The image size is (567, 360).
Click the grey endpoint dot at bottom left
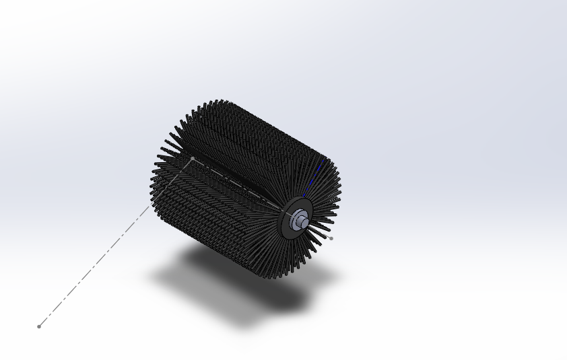point(39,326)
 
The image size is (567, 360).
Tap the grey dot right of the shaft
point(331,238)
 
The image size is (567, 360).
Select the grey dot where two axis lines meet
point(193,159)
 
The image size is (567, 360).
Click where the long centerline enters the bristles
point(150,207)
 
